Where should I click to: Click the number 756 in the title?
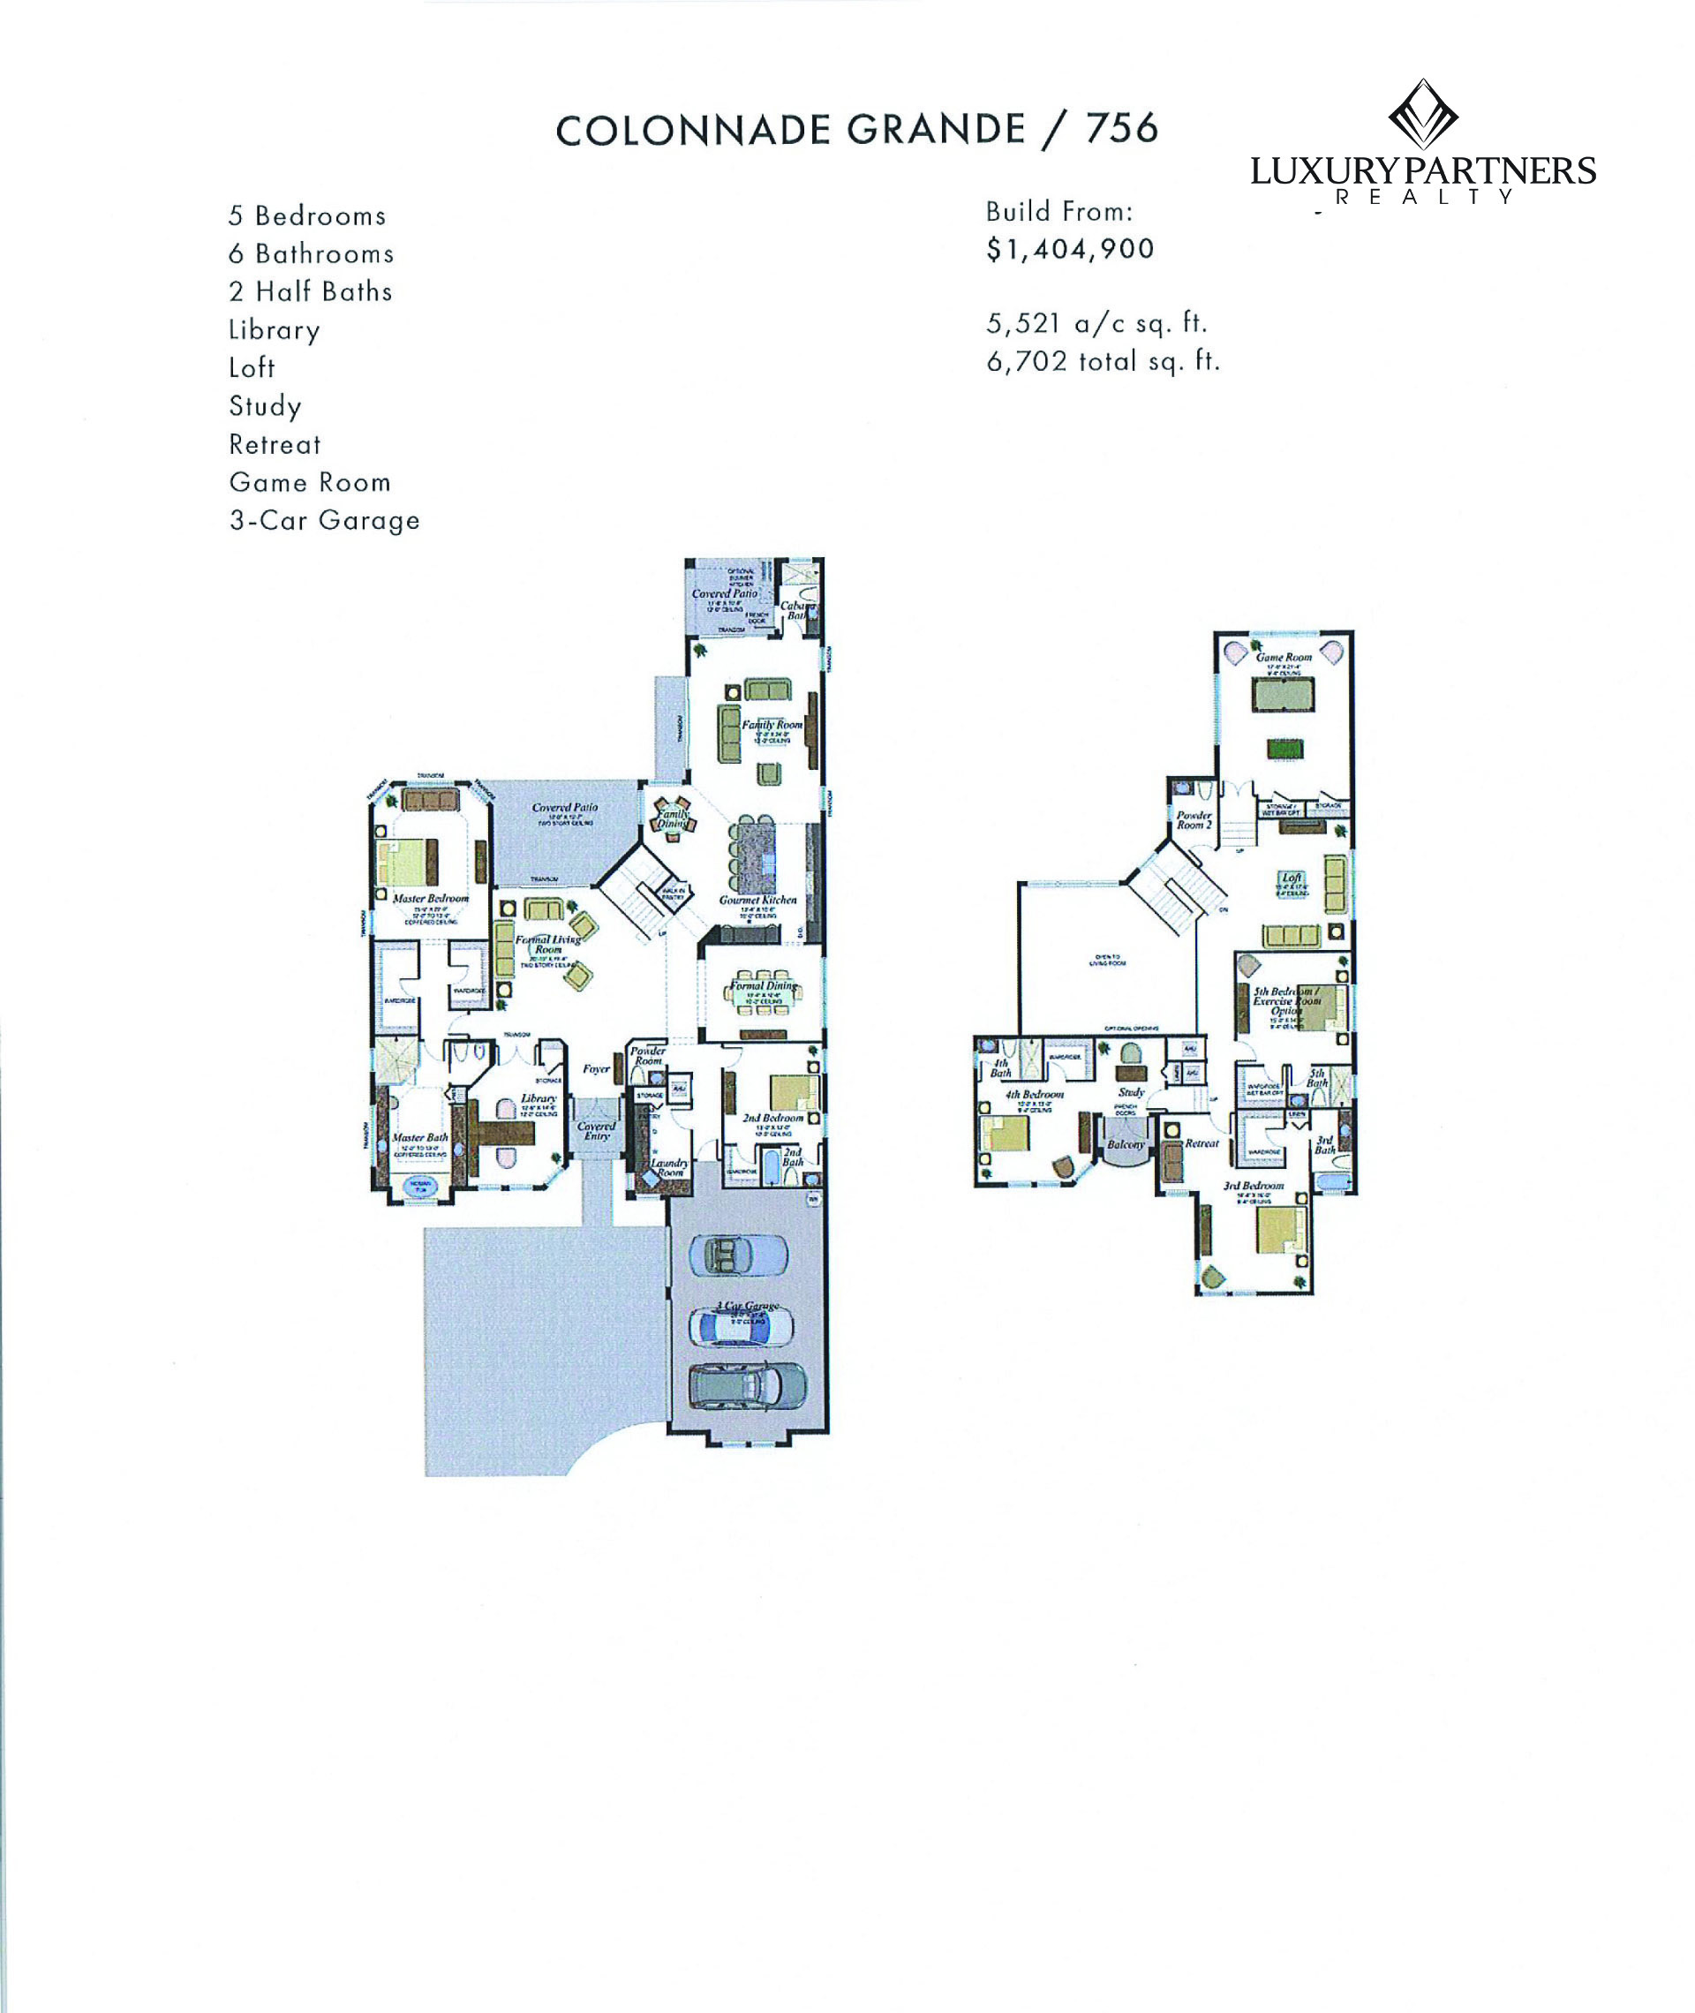coord(1122,128)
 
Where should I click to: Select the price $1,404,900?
coord(1069,249)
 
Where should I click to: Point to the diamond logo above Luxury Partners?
coord(1422,115)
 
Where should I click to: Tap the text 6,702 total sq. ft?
coord(1102,361)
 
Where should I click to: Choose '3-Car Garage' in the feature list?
coord(324,520)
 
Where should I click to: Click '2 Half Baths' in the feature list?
coord(311,291)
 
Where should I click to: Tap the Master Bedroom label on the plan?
coord(431,899)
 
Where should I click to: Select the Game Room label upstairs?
coord(1283,657)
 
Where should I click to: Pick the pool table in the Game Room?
coord(1282,695)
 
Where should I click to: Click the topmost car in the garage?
coord(738,1255)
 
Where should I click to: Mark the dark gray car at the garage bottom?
coord(748,1385)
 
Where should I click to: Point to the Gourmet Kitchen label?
coord(757,901)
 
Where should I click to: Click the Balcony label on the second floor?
coord(1126,1144)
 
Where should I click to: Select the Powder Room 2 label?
coord(1194,819)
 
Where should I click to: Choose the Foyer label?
coord(596,1068)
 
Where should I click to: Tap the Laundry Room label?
coord(669,1167)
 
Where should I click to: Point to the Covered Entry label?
coord(596,1131)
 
